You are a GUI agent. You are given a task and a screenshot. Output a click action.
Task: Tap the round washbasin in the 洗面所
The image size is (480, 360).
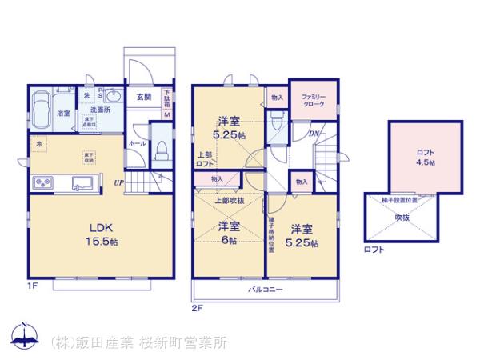[x=112, y=97]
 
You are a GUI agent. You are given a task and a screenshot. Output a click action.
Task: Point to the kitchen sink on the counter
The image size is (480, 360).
[x=80, y=184]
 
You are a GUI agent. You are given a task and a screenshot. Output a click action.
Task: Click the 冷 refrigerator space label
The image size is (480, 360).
[x=38, y=143]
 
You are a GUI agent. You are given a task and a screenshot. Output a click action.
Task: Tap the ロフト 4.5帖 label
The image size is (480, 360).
[x=426, y=157]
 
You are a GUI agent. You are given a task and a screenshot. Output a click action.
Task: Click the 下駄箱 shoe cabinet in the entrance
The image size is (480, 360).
[x=167, y=98]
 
